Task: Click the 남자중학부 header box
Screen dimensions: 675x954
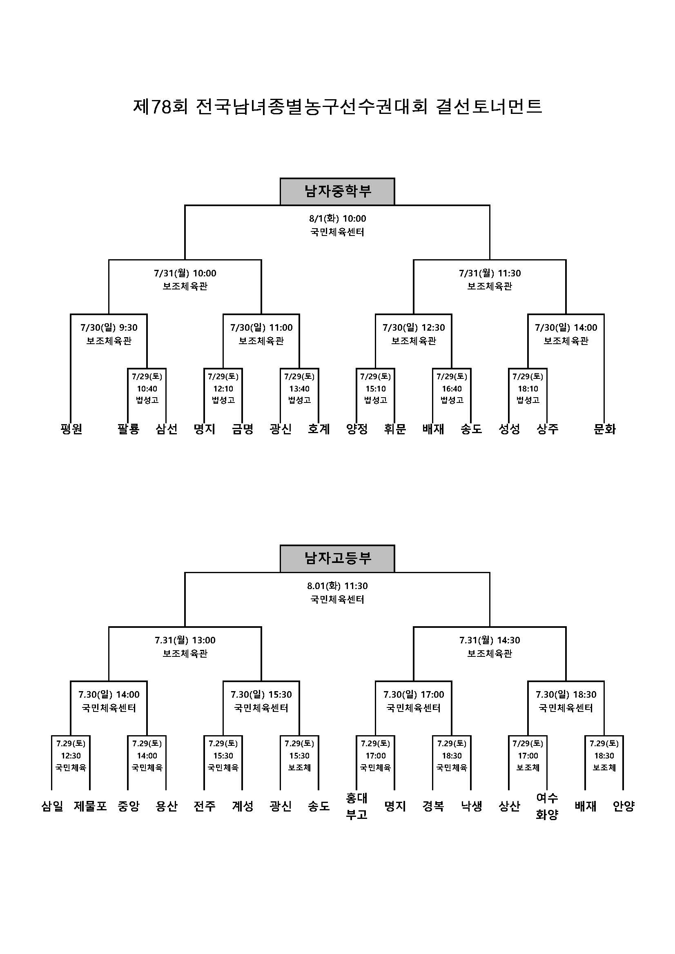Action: (x=337, y=191)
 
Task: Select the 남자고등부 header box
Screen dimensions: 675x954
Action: (x=337, y=558)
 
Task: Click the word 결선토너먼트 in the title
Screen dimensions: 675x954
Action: (x=489, y=107)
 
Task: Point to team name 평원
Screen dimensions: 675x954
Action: (x=71, y=429)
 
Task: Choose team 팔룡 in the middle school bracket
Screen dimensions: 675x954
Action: (x=128, y=429)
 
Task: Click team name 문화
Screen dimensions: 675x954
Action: (x=604, y=429)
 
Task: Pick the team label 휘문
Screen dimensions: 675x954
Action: (x=395, y=429)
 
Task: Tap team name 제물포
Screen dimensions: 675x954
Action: (x=90, y=806)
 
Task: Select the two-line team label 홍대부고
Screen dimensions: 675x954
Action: (x=356, y=806)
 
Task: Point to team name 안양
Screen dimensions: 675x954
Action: (x=624, y=806)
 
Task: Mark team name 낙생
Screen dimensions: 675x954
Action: (x=471, y=806)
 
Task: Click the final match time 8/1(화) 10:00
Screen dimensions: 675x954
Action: (x=337, y=218)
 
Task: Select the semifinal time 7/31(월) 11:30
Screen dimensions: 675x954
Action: (x=490, y=273)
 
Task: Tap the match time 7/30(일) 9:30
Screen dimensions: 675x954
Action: (x=109, y=327)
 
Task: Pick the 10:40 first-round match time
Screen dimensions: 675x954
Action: (x=147, y=389)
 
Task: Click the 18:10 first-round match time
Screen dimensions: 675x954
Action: (x=528, y=389)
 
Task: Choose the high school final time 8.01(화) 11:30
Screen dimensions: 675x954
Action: (x=337, y=586)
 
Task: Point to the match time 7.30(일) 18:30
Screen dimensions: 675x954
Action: (x=566, y=695)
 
